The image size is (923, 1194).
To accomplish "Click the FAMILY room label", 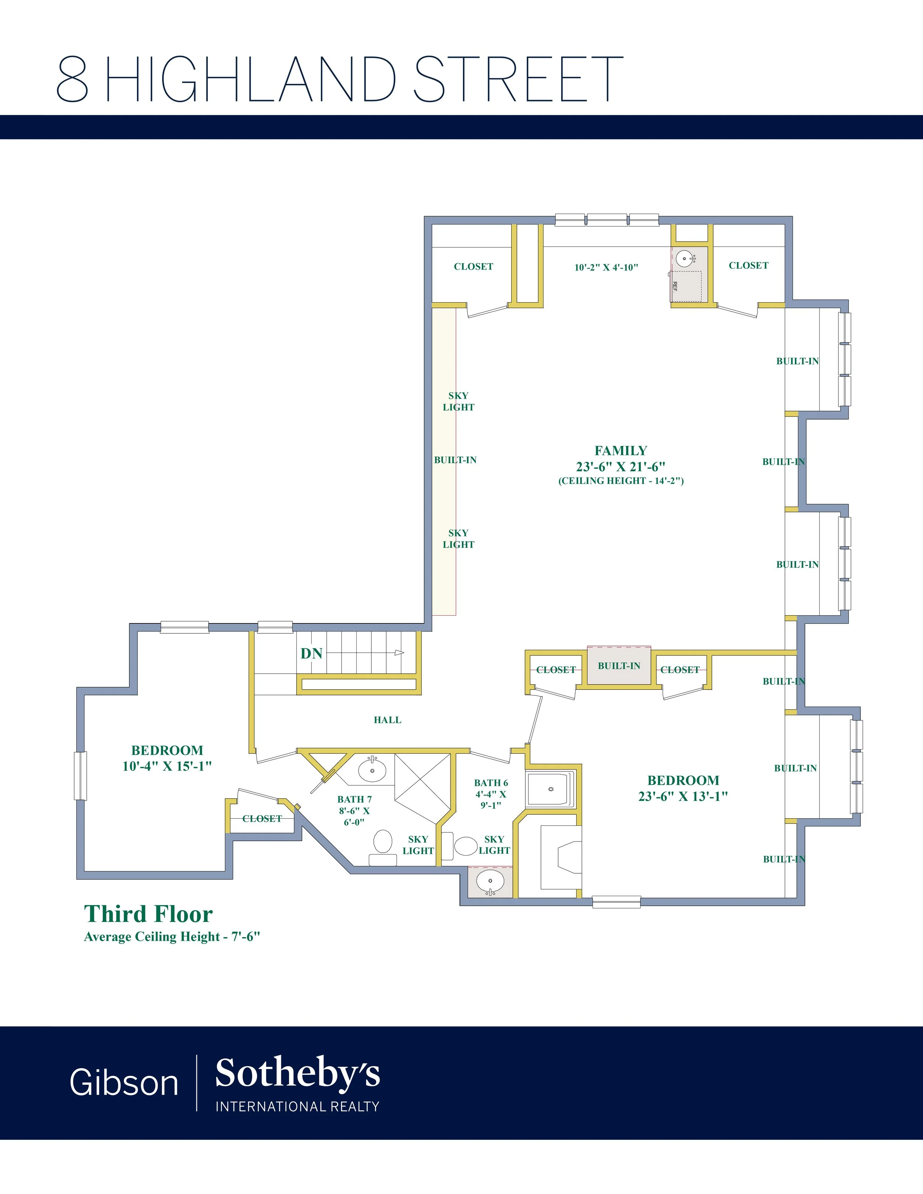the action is pos(621,451).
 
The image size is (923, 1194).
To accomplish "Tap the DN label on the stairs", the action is pos(312,653).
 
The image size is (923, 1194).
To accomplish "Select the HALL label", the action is pos(388,720).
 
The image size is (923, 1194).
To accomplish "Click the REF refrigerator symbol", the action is pos(687,286).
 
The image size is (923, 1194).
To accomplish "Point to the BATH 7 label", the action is pos(354,799).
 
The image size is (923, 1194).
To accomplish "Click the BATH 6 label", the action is pos(491,783).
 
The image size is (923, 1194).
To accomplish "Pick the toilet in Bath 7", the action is pos(383,847).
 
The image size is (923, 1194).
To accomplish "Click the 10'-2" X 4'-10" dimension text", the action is pos(606,267).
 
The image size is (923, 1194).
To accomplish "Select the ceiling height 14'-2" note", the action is pos(621,481).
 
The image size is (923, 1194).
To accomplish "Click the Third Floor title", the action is pos(148,914).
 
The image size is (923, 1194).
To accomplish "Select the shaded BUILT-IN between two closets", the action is pos(619,665).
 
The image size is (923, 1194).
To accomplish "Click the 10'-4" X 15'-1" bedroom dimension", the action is pos(167,766).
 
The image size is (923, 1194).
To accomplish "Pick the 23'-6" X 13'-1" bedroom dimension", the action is pos(683,796).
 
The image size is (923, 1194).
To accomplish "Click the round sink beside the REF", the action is pos(685,258).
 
